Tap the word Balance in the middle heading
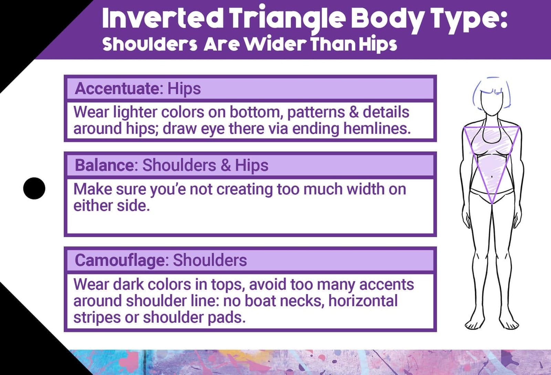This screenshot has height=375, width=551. (x=104, y=165)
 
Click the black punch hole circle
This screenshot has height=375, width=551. (x=34, y=188)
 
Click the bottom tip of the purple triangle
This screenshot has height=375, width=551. (x=492, y=203)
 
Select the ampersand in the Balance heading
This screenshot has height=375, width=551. (x=226, y=165)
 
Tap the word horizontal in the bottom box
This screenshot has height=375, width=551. (x=363, y=301)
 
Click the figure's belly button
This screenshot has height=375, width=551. (x=491, y=177)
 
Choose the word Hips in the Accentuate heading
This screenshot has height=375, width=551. (x=184, y=89)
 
